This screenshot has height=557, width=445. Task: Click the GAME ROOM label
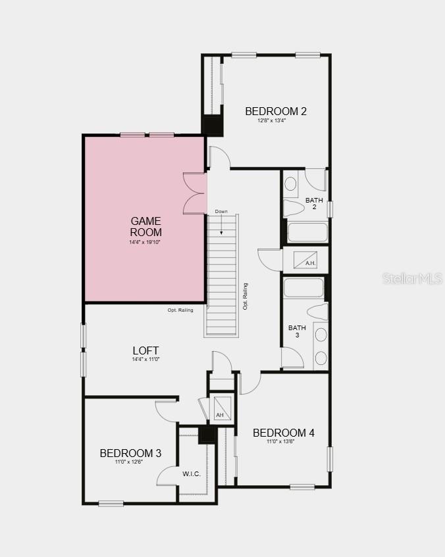[x=145, y=226]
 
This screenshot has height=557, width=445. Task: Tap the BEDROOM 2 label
[x=276, y=111]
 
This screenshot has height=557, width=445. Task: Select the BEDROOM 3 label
[x=130, y=453]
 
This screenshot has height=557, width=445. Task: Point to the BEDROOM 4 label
[x=283, y=433]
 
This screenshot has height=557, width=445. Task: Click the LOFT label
[x=145, y=351]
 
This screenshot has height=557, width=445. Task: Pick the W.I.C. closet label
[x=192, y=473]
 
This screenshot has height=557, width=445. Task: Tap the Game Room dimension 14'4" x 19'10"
[x=145, y=243]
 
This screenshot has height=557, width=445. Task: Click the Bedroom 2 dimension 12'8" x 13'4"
[x=276, y=120]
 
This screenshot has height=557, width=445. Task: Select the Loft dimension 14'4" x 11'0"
[x=145, y=360]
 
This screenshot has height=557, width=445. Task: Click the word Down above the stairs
[x=221, y=212]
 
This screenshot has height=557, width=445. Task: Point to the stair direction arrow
[x=222, y=226]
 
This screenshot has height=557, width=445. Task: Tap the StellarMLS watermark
[x=413, y=278]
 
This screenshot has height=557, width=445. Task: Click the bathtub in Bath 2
[x=307, y=232]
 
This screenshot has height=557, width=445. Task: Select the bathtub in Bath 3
[x=303, y=287]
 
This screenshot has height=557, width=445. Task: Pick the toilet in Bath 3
[x=318, y=311]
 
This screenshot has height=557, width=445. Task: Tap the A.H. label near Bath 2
[x=311, y=263]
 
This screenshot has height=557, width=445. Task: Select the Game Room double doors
[x=195, y=193]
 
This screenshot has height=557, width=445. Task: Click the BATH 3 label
[x=297, y=331]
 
